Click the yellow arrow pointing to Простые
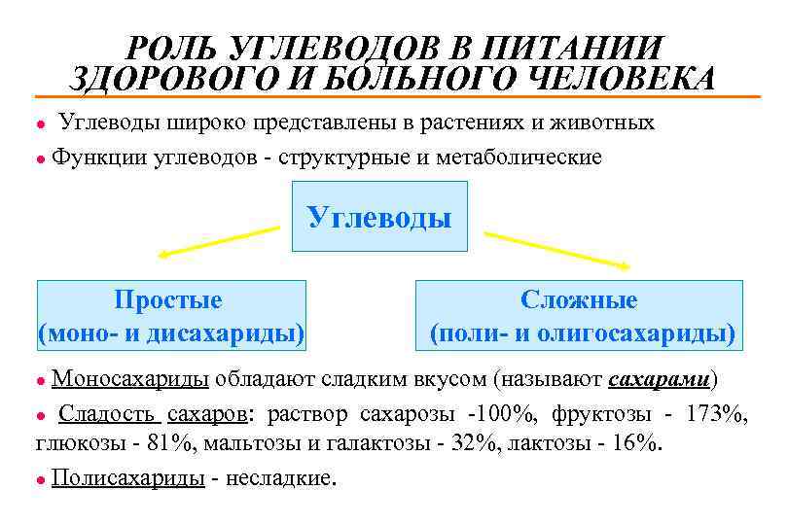(x=218, y=242)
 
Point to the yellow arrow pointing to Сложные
(x=557, y=249)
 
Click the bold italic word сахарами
(x=662, y=378)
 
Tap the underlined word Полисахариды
(x=127, y=478)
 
